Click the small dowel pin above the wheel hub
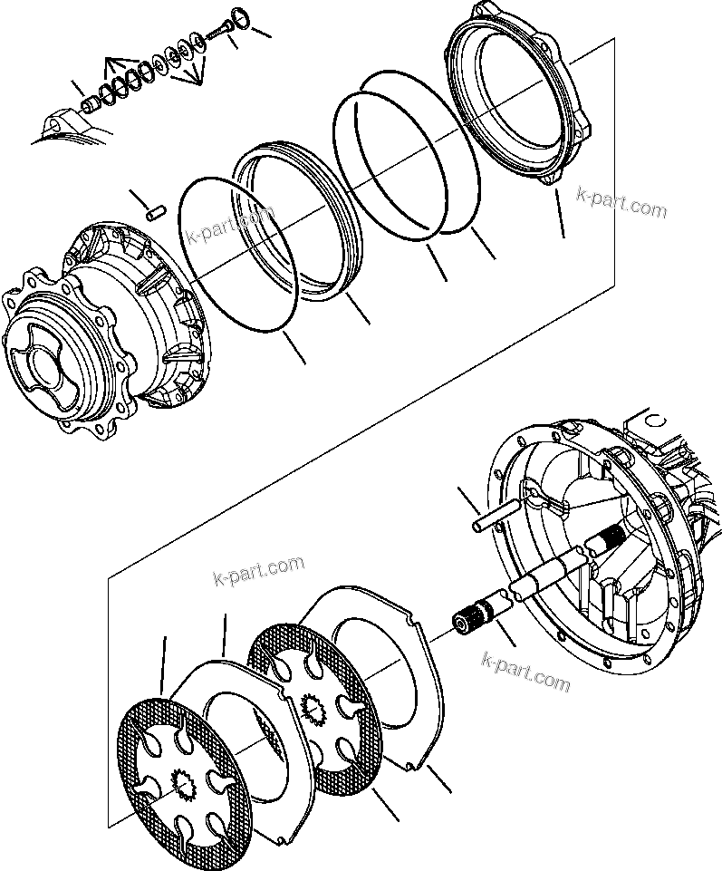(x=156, y=210)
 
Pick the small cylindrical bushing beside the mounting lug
(x=91, y=107)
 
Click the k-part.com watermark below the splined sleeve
(x=526, y=672)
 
